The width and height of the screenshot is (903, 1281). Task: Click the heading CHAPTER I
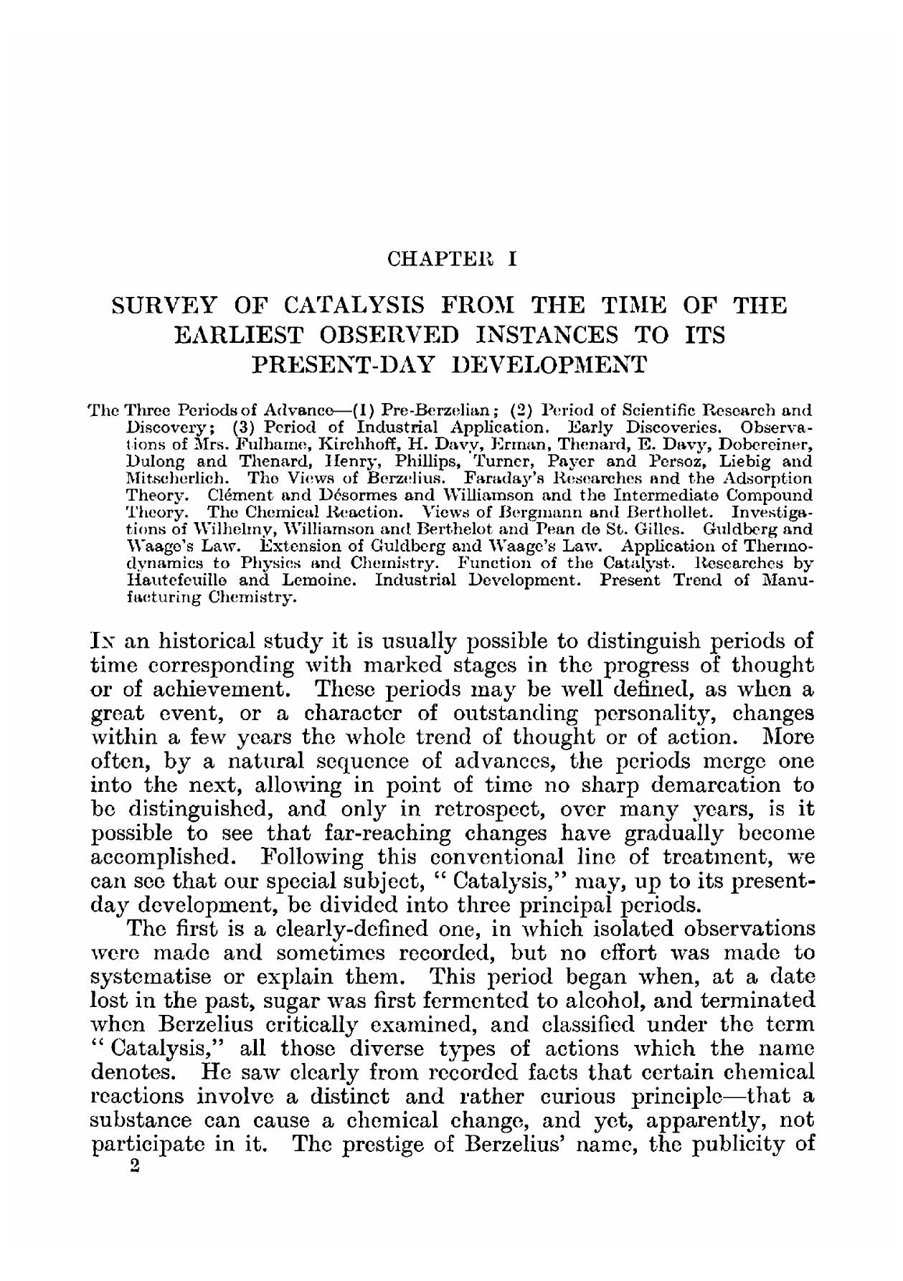(x=451, y=258)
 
